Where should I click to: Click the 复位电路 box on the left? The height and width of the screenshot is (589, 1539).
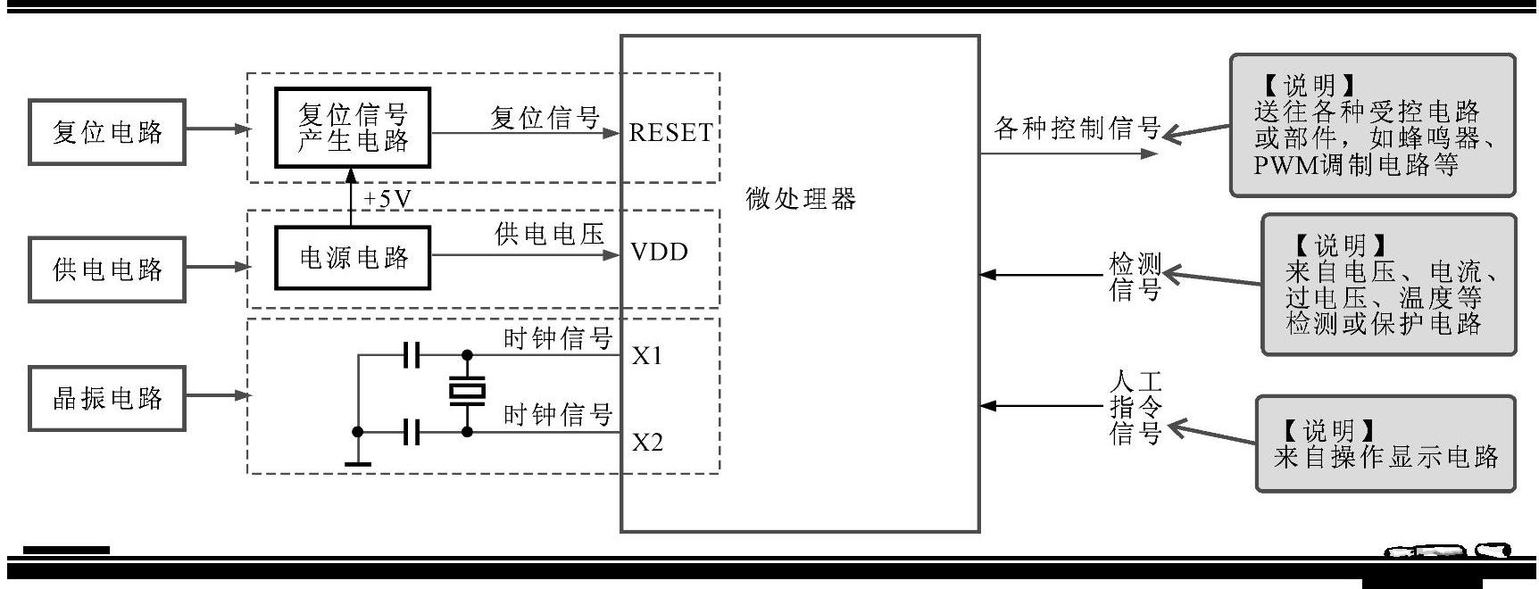point(107,132)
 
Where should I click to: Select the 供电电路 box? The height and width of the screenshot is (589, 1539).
point(107,269)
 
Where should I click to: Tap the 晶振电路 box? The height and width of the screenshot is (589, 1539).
point(107,398)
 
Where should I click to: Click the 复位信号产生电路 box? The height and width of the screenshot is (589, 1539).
point(353,128)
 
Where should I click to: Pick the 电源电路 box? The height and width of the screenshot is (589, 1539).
point(353,258)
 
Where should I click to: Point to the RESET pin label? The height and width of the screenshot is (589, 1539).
point(670,133)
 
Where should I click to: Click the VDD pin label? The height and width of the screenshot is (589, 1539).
point(659,253)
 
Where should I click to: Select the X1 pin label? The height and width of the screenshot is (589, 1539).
point(647,357)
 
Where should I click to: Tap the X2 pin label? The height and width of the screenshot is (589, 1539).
point(647,443)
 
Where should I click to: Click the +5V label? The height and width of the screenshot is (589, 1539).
point(387,199)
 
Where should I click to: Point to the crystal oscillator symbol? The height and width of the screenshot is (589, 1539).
point(466,391)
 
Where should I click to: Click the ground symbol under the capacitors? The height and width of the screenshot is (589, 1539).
point(358,461)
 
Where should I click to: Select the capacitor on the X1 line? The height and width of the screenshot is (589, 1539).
point(411,355)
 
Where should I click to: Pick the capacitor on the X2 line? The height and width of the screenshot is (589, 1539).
point(411,432)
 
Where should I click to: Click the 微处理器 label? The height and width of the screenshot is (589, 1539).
point(801,199)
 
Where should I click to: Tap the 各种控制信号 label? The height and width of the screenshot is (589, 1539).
point(1077,129)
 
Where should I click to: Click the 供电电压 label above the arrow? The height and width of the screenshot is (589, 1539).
point(549,235)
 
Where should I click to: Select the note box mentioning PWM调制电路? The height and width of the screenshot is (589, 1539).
point(1372,125)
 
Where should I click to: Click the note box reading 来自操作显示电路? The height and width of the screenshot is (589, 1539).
point(1385,444)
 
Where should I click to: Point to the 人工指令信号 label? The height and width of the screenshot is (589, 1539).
point(1135,408)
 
